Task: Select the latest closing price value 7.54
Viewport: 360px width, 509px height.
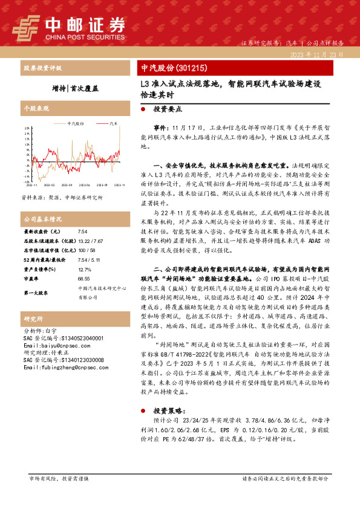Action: click(x=83, y=231)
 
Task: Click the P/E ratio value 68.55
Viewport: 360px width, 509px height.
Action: click(x=84, y=279)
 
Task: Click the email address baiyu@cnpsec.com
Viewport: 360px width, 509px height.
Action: click(x=53, y=345)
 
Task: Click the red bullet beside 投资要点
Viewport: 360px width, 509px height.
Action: click(x=143, y=111)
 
